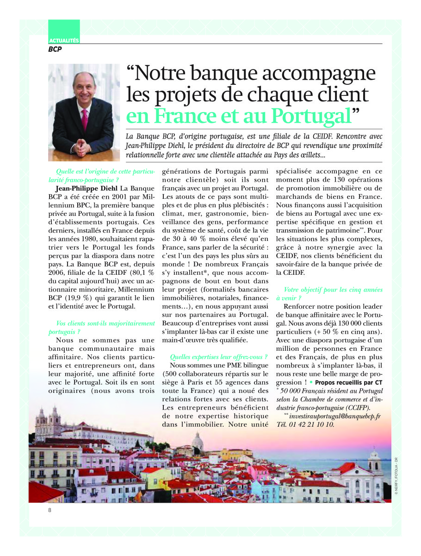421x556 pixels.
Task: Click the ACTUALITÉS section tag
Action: [x=64, y=41]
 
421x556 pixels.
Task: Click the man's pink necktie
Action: [x=85, y=120]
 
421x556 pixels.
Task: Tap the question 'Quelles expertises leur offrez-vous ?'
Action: [x=219, y=357]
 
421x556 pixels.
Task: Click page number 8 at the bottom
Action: [x=50, y=510]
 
